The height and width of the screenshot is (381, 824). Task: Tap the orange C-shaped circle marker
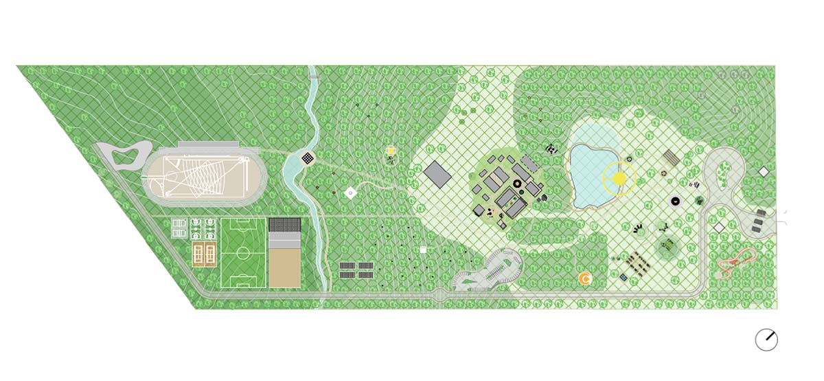584,279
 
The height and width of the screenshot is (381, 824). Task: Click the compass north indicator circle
766,339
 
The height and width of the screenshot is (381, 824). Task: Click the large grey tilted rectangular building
437,173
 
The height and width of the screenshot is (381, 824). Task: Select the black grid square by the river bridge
309,158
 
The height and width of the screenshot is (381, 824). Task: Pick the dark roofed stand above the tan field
284,225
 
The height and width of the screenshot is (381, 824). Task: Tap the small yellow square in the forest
391,149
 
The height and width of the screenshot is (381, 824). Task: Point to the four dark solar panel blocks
356,269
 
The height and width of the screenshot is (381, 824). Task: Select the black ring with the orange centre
675,202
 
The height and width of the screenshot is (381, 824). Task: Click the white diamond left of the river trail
350,193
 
